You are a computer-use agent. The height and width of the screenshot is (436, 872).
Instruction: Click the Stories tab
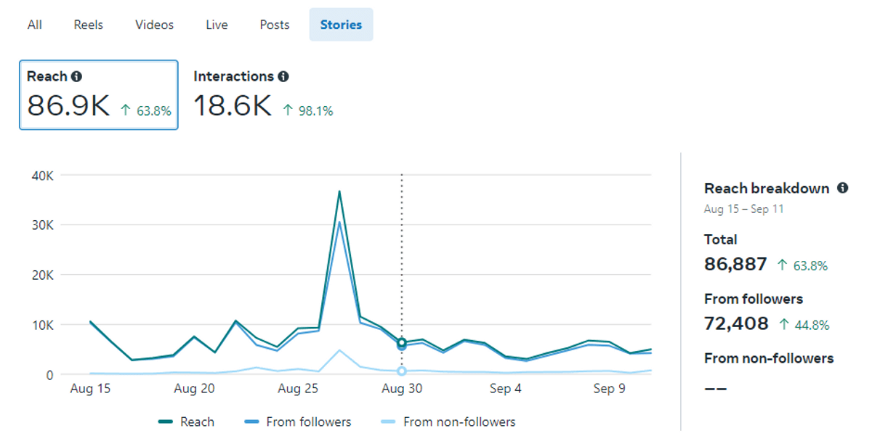click(x=341, y=25)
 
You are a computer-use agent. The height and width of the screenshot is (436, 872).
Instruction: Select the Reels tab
click(x=89, y=25)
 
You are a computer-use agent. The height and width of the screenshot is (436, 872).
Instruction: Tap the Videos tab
click(x=154, y=25)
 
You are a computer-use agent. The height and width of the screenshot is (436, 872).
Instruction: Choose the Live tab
click(x=217, y=25)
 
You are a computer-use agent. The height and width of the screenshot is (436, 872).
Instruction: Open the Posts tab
click(x=275, y=25)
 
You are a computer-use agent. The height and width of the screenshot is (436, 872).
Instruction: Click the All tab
click(x=35, y=25)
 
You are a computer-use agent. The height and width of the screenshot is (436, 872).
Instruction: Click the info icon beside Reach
click(x=76, y=76)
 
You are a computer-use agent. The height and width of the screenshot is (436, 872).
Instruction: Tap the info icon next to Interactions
click(x=283, y=76)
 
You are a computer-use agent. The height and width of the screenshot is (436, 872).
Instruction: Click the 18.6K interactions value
click(x=232, y=106)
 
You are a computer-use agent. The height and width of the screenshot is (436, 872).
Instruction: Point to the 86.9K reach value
click(x=68, y=106)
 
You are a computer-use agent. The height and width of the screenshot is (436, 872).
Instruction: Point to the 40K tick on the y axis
click(x=41, y=175)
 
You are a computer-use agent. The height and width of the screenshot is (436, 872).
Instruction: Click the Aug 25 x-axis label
click(x=299, y=389)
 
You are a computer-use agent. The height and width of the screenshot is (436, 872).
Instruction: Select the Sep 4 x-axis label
click(x=505, y=389)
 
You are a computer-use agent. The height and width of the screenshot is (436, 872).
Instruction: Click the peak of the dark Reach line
click(x=339, y=192)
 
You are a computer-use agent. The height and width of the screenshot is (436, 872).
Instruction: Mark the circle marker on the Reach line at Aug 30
click(x=402, y=342)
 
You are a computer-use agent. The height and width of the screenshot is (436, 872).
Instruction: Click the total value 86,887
click(x=735, y=264)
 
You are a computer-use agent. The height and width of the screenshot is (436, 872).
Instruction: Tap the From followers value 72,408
click(x=736, y=323)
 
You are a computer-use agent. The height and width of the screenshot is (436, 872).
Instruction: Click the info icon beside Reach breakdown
click(x=842, y=188)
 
